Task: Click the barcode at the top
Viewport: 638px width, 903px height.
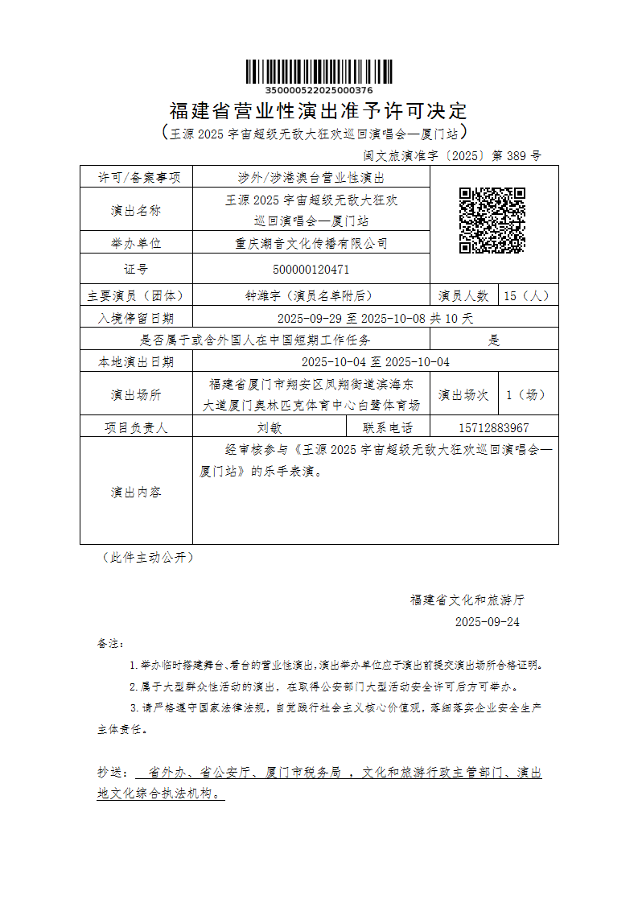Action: pos(319,72)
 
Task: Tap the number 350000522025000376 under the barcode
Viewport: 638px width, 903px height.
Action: pos(319,90)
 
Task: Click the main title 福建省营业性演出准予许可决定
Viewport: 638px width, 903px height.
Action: pos(319,110)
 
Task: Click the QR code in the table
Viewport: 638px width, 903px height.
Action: pos(492,221)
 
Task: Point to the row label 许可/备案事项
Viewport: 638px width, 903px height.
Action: pos(135,177)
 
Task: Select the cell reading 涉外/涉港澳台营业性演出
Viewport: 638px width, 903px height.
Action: pos(311,177)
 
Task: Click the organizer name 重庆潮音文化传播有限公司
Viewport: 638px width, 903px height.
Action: pos(311,243)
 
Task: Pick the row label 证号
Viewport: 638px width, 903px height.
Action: pos(135,269)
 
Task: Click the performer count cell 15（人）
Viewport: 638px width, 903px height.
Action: pos(529,295)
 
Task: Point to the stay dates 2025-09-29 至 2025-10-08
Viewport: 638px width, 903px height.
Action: pos(353,318)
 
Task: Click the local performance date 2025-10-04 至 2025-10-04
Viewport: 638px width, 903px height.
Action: pos(375,361)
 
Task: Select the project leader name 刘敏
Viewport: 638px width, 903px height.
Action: pos(269,427)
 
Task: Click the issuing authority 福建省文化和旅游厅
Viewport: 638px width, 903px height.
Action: pos(467,600)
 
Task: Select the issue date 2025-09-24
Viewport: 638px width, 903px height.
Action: pos(488,621)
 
